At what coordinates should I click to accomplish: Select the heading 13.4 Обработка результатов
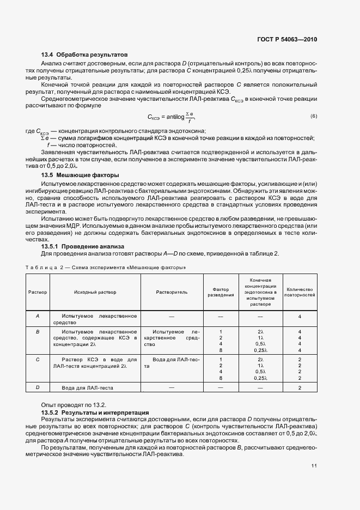coord(84,55)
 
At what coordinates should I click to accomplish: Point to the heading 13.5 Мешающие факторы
coord(80,175)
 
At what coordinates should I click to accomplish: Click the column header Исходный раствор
coord(91,292)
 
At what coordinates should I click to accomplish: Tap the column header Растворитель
coord(172,292)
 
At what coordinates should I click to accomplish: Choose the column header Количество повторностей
coord(300,292)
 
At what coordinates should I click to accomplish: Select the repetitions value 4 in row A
coord(300,316)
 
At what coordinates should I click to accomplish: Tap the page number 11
coord(314,466)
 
